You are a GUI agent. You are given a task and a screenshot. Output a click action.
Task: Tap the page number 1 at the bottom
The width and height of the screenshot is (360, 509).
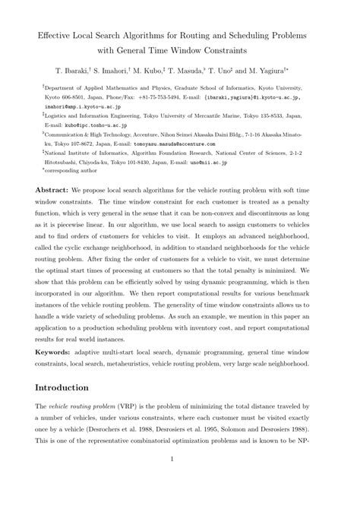click(180, 479)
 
